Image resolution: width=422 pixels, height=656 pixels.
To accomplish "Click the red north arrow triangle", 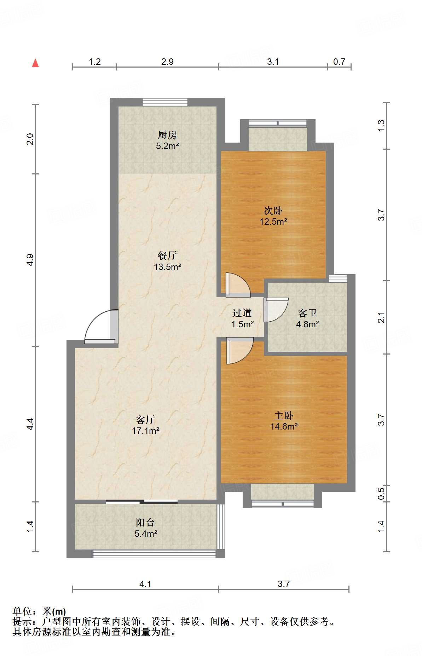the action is [35, 63].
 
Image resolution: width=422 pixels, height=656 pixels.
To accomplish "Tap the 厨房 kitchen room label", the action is [167, 135].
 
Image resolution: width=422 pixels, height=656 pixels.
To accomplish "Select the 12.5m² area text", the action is [273, 222].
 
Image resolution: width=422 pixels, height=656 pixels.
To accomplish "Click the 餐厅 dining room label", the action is [167, 255].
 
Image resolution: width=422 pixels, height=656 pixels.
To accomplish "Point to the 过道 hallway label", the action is [242, 313].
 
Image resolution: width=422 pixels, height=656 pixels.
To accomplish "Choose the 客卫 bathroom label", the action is [307, 313].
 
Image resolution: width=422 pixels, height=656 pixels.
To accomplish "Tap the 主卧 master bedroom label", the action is [284, 415].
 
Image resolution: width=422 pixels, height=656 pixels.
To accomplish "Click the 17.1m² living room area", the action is [145, 431].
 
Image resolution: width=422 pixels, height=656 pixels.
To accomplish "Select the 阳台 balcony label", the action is [145, 522].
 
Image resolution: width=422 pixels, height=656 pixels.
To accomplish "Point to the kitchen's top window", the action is [165, 102].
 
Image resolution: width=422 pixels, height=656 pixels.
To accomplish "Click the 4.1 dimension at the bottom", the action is [145, 584].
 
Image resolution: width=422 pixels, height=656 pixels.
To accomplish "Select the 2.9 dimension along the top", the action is [167, 62].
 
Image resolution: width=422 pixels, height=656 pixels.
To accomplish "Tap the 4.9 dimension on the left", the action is [30, 260].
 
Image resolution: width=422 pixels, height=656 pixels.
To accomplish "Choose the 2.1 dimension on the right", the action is [381, 317].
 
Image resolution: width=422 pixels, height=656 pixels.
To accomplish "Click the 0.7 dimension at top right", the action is [339, 62].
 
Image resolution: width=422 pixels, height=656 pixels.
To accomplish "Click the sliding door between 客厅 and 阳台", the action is [141, 501].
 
